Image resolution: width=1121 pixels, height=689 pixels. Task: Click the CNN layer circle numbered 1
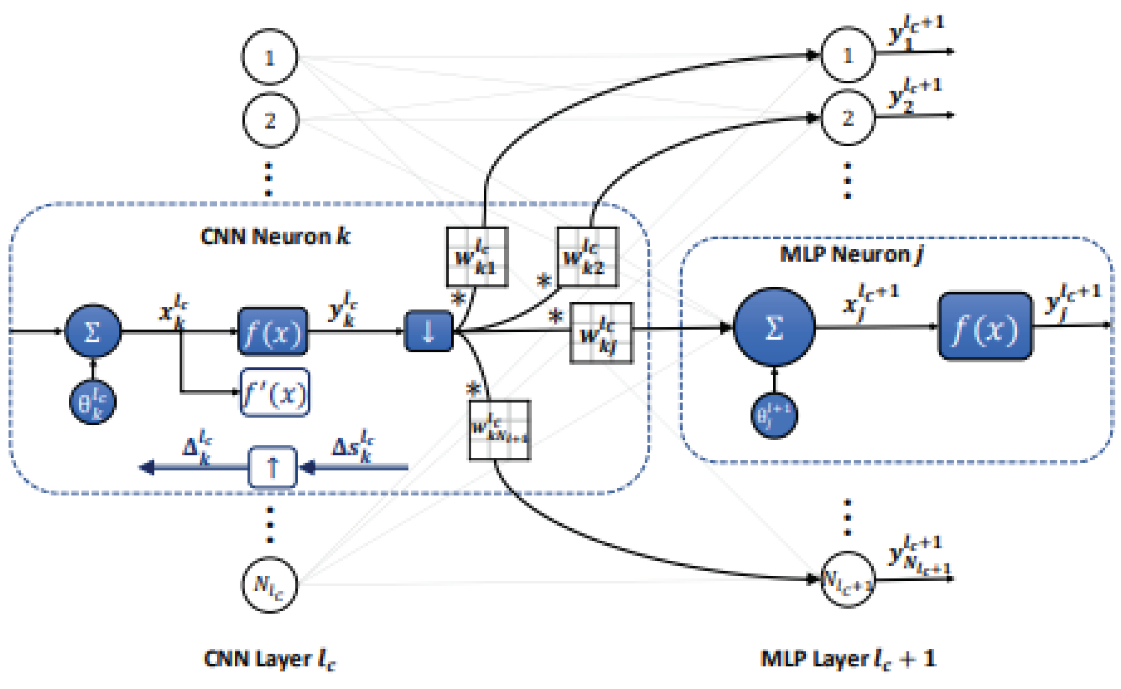269,57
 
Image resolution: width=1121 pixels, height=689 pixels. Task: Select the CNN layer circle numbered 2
270,120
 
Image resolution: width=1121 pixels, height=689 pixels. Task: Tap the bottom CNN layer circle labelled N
269,585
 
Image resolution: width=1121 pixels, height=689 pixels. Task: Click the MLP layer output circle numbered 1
847,55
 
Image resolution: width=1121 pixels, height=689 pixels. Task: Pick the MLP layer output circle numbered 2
847,118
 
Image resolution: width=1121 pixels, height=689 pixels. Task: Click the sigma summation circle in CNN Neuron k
93,331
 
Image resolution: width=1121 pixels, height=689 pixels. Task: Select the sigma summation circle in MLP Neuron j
774,327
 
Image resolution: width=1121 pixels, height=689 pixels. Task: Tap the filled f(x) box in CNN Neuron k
272,332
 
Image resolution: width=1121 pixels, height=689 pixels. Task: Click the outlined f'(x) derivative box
275,392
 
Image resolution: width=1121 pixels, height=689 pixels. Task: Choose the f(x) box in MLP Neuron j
985,326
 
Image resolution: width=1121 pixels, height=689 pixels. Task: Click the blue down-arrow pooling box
429,331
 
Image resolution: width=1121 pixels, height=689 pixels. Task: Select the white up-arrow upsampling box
272,467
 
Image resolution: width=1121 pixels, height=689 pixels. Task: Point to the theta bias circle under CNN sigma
92,402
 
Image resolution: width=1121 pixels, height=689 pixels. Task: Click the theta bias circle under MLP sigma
774,415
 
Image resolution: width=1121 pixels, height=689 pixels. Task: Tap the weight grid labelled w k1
477,257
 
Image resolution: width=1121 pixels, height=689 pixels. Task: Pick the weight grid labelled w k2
588,257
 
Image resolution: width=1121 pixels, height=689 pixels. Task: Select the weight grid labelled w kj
601,333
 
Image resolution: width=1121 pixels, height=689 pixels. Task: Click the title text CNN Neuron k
275,236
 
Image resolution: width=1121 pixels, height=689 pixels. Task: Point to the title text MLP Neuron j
851,254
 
